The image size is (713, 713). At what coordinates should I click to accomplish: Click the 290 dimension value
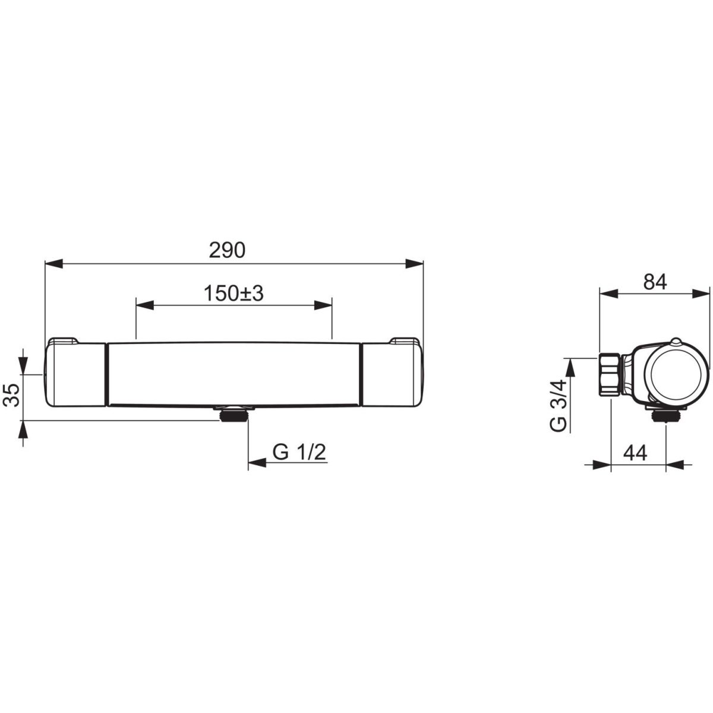(227, 250)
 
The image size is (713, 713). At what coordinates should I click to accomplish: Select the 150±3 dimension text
(234, 294)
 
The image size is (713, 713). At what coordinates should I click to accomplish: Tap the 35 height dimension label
(13, 395)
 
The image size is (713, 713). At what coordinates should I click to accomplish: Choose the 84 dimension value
(655, 282)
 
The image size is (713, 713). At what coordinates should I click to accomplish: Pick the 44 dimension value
(635, 453)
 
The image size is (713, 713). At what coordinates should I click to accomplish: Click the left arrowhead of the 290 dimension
(53, 264)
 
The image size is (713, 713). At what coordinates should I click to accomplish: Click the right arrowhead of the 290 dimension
(414, 264)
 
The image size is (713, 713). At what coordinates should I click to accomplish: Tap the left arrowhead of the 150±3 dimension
(144, 305)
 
